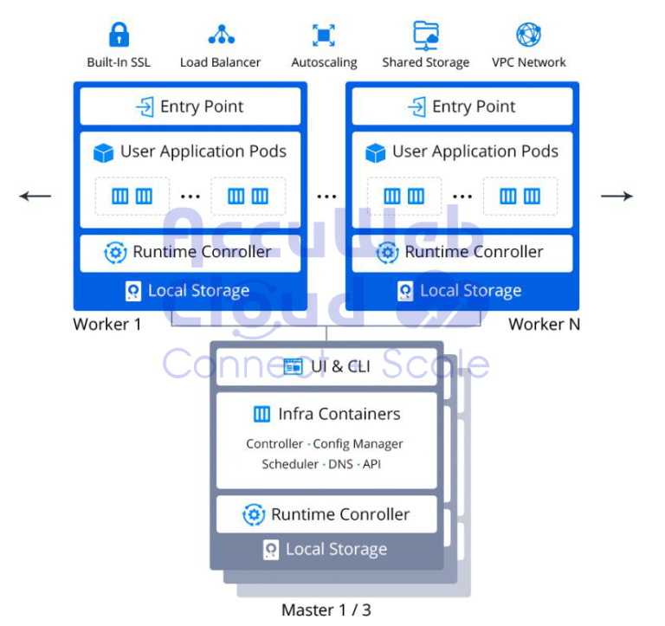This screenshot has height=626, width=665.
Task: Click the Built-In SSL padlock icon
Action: point(119,35)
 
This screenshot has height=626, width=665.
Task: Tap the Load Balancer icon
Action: point(221,35)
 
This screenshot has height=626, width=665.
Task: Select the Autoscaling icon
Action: point(323,35)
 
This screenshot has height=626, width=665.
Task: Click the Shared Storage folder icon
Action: point(425,35)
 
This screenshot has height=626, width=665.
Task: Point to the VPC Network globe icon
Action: point(528,35)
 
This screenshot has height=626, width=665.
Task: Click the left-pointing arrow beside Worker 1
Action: point(36,197)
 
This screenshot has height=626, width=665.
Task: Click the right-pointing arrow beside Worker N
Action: point(617,197)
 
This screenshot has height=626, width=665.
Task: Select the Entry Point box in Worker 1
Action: point(190,106)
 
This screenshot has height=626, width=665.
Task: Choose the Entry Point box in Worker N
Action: point(462,106)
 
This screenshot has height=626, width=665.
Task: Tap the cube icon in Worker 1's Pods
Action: point(104,153)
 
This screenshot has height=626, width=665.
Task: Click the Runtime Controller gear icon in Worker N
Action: point(387,253)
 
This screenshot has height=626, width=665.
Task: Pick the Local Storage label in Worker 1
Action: point(198,291)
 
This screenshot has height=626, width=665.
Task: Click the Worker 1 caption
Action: point(107,325)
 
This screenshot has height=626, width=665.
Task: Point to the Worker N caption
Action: point(544,325)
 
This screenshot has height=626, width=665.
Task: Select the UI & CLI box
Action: point(326,366)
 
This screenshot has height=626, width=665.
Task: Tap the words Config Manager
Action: point(358,443)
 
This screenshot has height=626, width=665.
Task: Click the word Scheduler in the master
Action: point(290,464)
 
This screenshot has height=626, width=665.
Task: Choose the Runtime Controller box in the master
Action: point(326,514)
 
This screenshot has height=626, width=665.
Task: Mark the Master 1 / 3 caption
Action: point(326,610)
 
